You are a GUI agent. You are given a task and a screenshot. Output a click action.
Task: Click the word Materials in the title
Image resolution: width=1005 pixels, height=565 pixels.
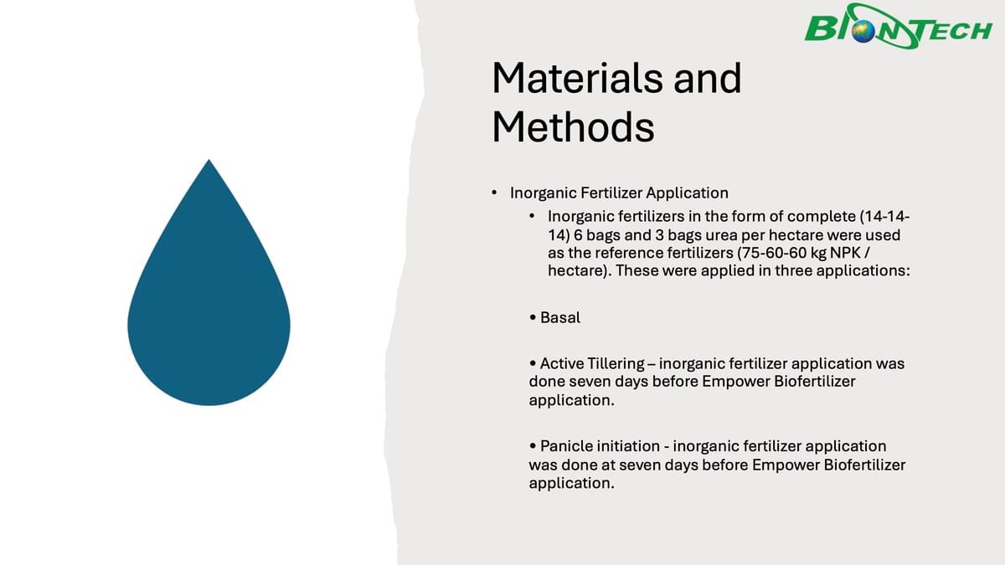(577, 79)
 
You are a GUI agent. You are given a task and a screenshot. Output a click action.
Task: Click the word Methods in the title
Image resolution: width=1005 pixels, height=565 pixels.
(573, 127)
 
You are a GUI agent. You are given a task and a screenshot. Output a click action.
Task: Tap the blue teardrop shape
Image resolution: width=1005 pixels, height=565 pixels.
(209, 283)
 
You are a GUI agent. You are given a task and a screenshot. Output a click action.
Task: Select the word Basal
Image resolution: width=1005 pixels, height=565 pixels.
(560, 317)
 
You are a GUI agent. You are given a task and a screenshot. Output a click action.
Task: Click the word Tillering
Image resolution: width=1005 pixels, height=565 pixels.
(616, 363)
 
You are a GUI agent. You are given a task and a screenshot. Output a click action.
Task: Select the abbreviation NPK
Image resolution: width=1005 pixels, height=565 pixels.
(845, 254)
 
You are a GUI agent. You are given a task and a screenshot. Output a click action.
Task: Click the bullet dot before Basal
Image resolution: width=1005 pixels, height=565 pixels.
(533, 318)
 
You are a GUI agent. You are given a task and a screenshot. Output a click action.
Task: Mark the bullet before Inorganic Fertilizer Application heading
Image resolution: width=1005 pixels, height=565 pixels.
(494, 193)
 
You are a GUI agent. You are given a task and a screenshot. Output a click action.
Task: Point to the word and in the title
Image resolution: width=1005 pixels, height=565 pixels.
(708, 79)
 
